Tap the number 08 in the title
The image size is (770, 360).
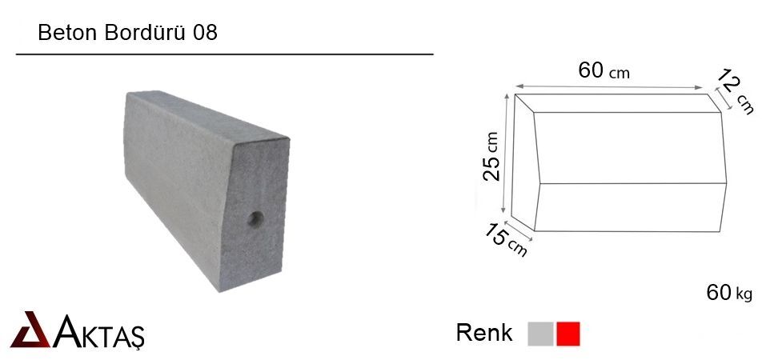click(204, 33)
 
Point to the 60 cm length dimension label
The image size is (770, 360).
click(604, 71)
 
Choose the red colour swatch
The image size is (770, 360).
click(567, 334)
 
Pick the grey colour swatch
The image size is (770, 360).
click(540, 334)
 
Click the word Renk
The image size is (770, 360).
click(483, 333)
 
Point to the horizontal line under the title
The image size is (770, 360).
click(224, 54)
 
